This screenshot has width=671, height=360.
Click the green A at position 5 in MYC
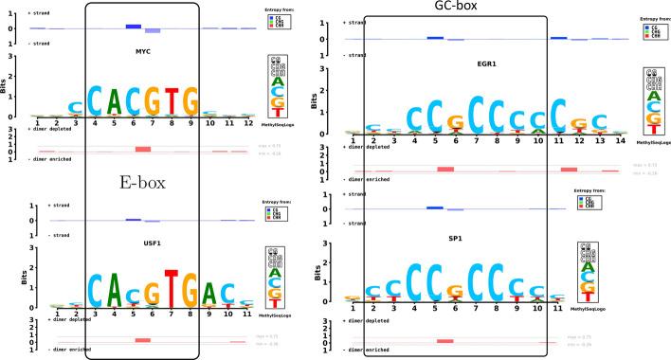118,99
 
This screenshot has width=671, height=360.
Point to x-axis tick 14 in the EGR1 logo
620,140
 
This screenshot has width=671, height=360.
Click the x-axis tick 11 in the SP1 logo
557,309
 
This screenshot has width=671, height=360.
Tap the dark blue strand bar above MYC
133,26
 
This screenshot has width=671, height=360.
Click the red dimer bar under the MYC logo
143,149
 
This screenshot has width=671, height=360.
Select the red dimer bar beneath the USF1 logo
143,339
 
